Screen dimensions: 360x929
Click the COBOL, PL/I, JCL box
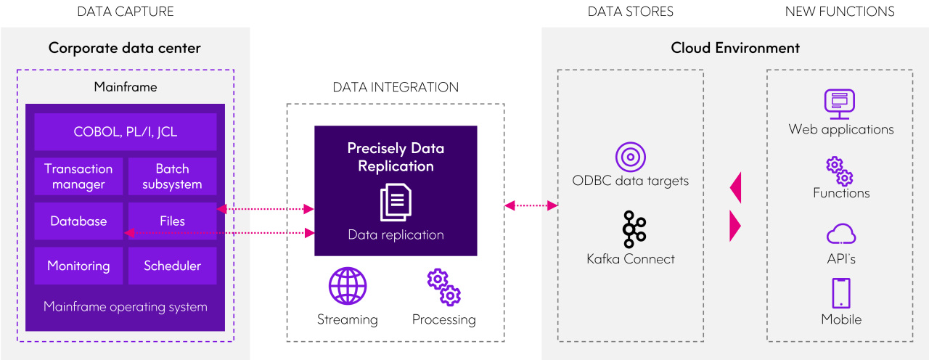126,132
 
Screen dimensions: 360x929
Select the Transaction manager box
79,176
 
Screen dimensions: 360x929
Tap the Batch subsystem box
172,176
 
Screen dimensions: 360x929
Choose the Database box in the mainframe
79,221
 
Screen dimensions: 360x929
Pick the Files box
172,221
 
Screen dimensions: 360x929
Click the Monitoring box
79,266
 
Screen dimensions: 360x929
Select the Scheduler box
172,266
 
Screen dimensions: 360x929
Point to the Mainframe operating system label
126,306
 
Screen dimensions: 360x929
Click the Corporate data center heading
125,49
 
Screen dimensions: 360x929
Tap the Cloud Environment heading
735,49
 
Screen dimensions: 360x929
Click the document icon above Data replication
396,202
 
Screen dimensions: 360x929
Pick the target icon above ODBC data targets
630,157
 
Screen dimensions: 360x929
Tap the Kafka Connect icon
630,230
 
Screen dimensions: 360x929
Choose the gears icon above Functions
840,171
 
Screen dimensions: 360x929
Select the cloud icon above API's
841,234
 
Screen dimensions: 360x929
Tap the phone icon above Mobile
841,293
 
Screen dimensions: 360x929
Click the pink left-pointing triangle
735,188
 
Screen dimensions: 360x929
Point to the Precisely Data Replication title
396,157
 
